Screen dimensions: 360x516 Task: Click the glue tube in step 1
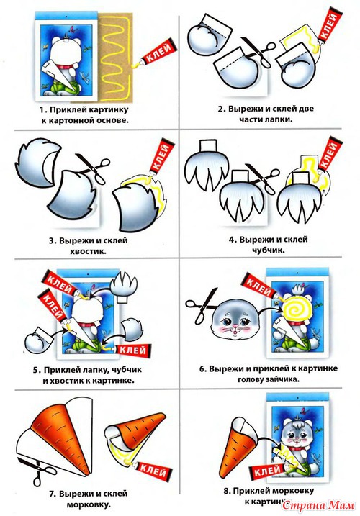coord(156,54)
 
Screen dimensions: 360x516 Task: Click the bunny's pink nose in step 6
coord(235,325)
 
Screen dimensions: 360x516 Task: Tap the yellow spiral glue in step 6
coord(296,309)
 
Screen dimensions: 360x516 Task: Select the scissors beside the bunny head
coord(202,304)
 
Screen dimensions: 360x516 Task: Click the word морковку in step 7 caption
coord(89,504)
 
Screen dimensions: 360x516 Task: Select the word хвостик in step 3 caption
coord(88,252)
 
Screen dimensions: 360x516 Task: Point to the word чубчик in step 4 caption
coord(268,250)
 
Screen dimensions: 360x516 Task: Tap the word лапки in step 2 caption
coord(279,119)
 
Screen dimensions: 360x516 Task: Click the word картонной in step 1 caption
coord(71,120)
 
